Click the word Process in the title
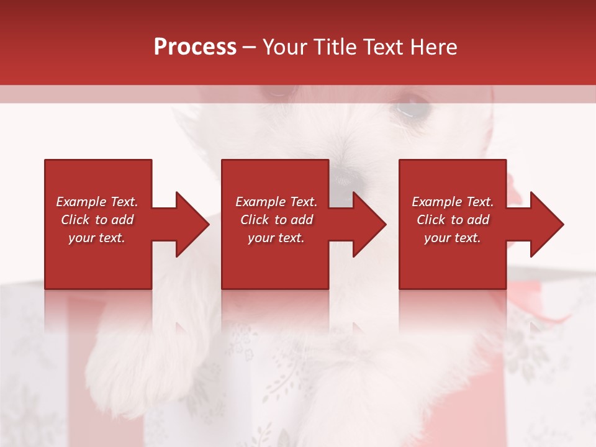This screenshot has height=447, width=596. pos(195,47)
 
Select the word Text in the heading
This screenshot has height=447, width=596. pos(383,47)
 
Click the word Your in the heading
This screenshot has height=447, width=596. pos(285,47)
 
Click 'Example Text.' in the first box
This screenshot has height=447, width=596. pos(97,202)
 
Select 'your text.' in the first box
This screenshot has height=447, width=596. pos(97,238)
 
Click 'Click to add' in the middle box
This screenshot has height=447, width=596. pos(276,220)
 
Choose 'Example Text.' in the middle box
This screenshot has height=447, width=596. pos(276,202)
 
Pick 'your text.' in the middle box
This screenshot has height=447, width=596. pos(276,238)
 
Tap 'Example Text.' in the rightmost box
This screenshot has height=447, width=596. pos(453,202)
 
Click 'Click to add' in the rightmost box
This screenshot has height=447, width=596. pos(453,220)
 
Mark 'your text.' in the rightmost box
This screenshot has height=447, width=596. pos(453,238)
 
